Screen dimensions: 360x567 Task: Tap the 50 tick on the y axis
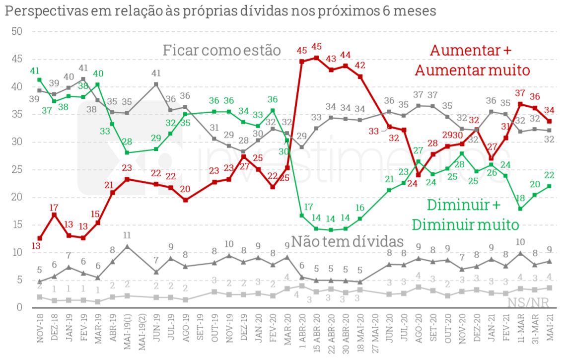point(18,32)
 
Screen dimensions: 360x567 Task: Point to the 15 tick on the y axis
point(18,225)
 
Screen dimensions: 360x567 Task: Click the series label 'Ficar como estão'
point(222,51)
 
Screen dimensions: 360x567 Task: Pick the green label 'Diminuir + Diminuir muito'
point(465,215)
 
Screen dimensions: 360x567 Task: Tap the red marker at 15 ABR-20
point(316,58)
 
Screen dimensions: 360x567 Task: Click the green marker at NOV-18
point(40,80)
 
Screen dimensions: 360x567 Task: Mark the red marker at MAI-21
point(550,121)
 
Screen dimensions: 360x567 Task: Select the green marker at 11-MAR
point(520,209)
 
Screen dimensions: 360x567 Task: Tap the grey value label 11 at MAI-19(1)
point(128,236)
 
